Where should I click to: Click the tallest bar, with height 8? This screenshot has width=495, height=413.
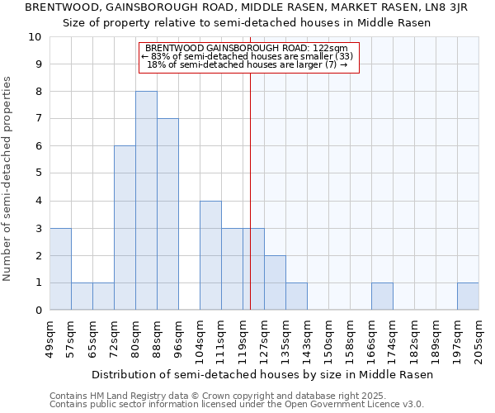coord(146,201)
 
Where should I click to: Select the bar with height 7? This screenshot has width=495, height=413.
coord(167,214)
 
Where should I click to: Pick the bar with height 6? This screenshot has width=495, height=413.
coord(125,228)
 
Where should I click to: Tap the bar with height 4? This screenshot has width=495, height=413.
coord(210,255)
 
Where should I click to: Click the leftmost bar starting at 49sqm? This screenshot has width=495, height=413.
coord(60,269)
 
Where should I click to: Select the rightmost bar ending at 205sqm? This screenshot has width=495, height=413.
coord(468,297)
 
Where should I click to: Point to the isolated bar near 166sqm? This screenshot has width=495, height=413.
coord(382,297)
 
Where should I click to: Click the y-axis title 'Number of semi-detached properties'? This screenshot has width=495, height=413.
coord(8,178)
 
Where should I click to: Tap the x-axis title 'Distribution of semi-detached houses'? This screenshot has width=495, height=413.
coord(262,374)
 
